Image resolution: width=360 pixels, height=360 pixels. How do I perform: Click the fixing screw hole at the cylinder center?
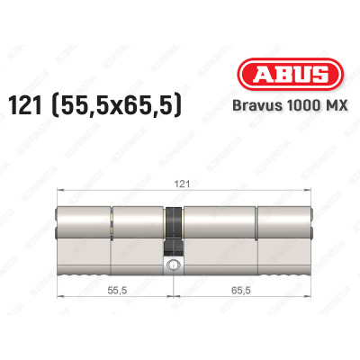(172, 265)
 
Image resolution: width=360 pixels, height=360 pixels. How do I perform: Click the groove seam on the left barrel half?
(112, 234)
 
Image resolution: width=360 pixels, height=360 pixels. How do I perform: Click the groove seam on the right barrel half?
(256, 234)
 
